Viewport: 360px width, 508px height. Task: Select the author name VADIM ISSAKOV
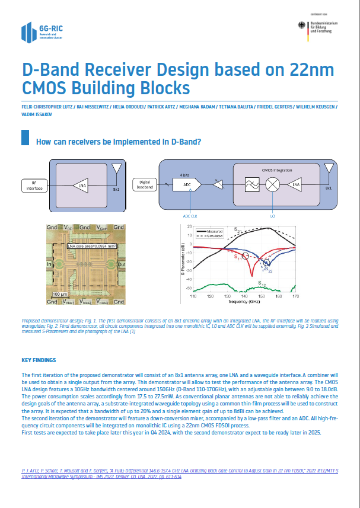[36, 114]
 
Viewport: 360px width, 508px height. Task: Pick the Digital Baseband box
[144, 184]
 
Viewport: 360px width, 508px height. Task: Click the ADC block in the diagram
[187, 184]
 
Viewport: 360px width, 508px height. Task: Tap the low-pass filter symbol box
[249, 184]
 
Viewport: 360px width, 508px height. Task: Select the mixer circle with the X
[272, 184]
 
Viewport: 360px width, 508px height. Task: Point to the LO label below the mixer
[272, 216]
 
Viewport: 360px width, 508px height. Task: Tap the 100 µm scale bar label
[59, 294]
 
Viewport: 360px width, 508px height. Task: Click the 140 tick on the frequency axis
[244, 296]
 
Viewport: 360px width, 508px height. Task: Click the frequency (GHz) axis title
[244, 302]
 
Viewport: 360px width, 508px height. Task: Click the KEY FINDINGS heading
[39, 360]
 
